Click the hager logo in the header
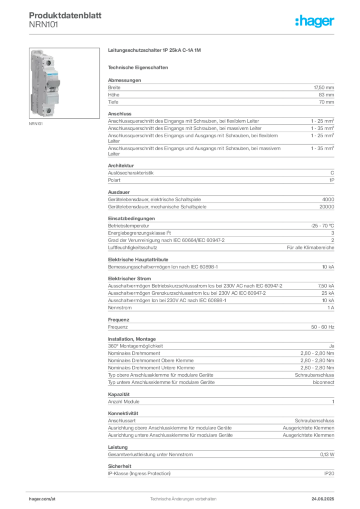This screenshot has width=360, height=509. [315, 21]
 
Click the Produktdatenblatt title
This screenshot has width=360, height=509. [65, 15]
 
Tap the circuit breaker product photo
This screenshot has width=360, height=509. [64, 83]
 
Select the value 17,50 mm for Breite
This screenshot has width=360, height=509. [324, 87]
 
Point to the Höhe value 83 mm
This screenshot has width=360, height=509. [326, 95]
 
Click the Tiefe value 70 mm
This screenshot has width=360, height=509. [326, 102]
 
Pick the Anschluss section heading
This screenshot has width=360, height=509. [120, 114]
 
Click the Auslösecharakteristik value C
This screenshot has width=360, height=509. [332, 173]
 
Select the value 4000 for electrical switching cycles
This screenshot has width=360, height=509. [328, 200]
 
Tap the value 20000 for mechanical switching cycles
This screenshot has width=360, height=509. [327, 207]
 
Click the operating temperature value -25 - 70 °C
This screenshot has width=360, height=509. [322, 226]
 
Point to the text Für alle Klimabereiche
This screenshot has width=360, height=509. [310, 248]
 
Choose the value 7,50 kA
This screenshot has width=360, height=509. [326, 286]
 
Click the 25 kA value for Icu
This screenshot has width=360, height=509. [328, 293]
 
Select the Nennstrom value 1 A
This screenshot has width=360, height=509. [331, 308]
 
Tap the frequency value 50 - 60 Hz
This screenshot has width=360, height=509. [322, 327]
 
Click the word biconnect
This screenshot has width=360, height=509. [323, 382]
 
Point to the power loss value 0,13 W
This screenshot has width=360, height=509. [327, 455]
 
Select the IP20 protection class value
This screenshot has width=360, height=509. [329, 474]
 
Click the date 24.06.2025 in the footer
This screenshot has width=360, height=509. [323, 499]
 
